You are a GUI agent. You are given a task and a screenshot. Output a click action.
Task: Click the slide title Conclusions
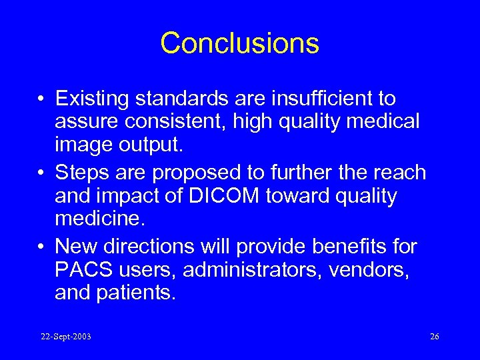point(239,43)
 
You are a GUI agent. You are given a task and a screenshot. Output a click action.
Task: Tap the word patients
point(137,293)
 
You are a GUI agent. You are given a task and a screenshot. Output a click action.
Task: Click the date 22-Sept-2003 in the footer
point(65,337)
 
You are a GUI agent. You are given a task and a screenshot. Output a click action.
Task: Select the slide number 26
point(435,337)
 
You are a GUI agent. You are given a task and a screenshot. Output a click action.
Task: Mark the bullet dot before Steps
point(42,173)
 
